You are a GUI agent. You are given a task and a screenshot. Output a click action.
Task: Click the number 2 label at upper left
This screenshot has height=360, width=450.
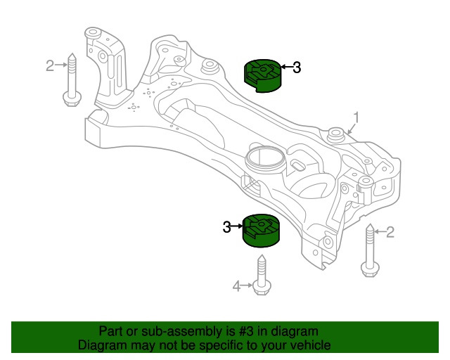(x=49, y=66)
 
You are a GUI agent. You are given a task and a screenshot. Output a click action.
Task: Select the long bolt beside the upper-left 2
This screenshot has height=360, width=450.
(x=70, y=81)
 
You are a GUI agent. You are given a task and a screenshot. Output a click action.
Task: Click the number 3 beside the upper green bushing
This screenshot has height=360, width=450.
(x=297, y=67)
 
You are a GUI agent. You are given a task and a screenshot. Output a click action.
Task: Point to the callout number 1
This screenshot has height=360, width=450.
(x=356, y=117)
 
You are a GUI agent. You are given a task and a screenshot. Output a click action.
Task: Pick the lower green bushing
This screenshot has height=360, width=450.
(x=261, y=230)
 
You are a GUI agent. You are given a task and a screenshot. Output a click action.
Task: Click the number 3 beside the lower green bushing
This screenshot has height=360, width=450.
(x=226, y=226)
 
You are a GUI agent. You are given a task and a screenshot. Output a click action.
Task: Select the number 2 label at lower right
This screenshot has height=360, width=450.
(x=391, y=231)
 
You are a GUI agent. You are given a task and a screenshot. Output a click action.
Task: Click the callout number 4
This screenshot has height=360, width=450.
(x=237, y=285)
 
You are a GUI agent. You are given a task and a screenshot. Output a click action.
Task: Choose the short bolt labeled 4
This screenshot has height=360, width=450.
(x=261, y=276)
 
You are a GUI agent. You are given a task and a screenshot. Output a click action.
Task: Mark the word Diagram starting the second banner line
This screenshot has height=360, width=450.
(x=101, y=345)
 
